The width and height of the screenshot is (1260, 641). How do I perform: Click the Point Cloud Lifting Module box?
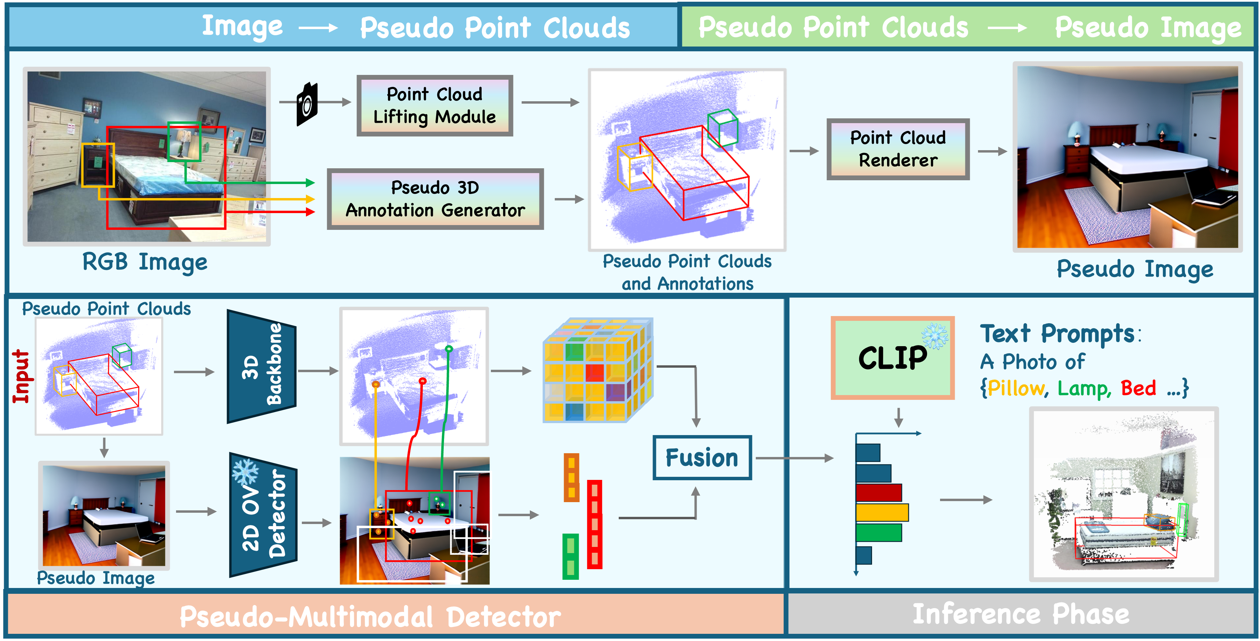pyautogui.click(x=434, y=105)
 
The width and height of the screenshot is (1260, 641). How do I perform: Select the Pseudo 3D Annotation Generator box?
pyautogui.click(x=435, y=199)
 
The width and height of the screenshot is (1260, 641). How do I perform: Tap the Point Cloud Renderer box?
pyautogui.click(x=898, y=149)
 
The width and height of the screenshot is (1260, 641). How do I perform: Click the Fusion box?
pyautogui.click(x=702, y=458)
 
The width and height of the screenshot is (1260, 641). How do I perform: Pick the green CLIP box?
pyautogui.click(x=892, y=358)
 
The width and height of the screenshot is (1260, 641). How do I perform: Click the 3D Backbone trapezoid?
pyautogui.click(x=262, y=366)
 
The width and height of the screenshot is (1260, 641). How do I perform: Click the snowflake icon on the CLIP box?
pyautogui.click(x=935, y=336)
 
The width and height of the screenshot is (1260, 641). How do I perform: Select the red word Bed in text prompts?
pyautogui.click(x=1138, y=388)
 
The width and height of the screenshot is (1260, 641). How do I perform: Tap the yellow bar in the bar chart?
pyautogui.click(x=882, y=512)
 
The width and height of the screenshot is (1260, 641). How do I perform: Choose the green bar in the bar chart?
pyautogui.click(x=879, y=532)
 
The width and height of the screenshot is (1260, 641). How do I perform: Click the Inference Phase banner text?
pyautogui.click(x=1021, y=614)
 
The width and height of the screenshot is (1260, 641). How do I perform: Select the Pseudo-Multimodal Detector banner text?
pyautogui.click(x=370, y=616)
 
